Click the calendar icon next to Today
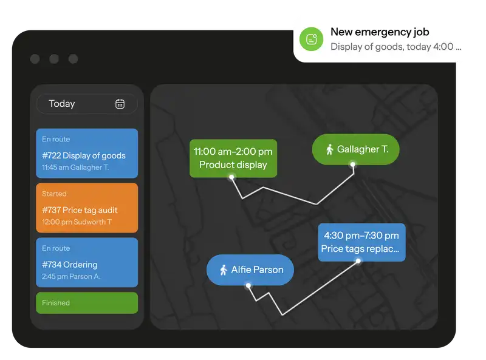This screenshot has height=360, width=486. (120, 104)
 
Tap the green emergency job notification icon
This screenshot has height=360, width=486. (311, 39)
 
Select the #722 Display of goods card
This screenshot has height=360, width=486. (87, 154)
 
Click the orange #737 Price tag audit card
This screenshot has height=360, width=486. (87, 208)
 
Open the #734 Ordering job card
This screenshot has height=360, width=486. (87, 262)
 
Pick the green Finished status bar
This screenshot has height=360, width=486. (87, 303)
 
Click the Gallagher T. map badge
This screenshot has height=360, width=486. (355, 149)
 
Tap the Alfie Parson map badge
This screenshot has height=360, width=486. (250, 270)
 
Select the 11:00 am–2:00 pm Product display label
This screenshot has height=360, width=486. (233, 158)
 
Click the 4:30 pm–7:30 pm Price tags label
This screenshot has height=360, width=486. (361, 242)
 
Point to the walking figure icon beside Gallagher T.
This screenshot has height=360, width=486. (329, 149)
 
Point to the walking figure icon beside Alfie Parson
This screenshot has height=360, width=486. (224, 270)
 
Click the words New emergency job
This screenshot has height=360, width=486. (380, 32)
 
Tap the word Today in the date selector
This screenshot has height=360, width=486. (62, 104)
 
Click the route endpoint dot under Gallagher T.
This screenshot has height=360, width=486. (353, 165)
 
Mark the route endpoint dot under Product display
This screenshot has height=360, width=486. (232, 177)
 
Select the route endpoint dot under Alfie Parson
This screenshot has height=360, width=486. (248, 285)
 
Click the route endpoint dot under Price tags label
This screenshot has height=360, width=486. (358, 261)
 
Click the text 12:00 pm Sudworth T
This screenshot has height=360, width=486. (77, 222)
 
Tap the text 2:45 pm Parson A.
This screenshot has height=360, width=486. (71, 276)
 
